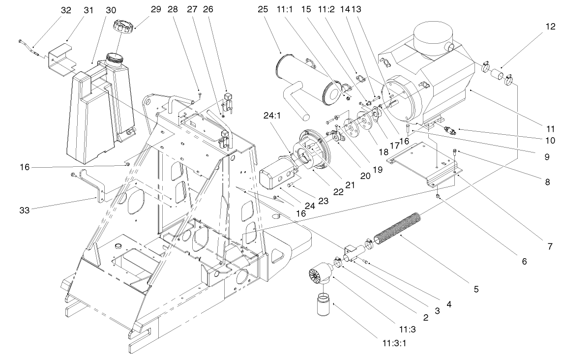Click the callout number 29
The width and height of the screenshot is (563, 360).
142,9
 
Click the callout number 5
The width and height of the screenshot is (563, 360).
475,289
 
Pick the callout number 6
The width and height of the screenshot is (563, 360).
524,262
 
